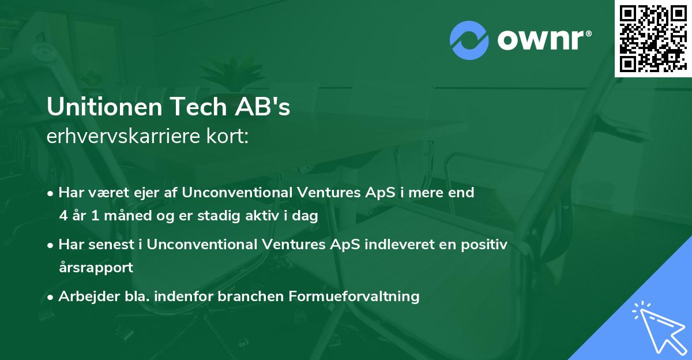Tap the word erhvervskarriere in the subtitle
pyautogui.click(x=122, y=137)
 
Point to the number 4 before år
pyautogui.click(x=63, y=216)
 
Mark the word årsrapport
pyautogui.click(x=96, y=268)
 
